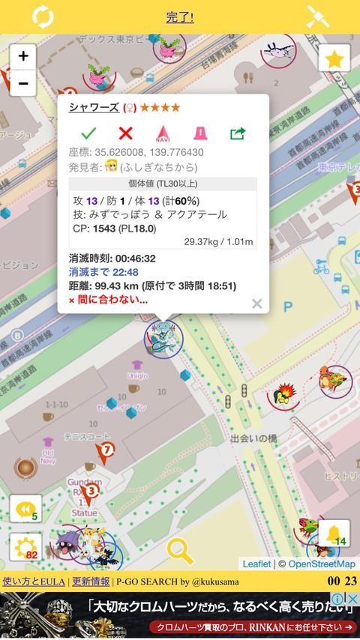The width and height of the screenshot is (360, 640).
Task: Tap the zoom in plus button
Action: click(x=23, y=55)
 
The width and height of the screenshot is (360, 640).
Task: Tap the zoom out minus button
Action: click(x=23, y=82)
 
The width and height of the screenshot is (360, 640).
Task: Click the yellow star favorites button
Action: click(x=334, y=58)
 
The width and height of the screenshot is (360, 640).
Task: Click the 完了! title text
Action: click(x=180, y=16)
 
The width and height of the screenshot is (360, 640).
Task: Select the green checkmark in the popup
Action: click(x=88, y=133)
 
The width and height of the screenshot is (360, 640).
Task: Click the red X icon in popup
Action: click(x=125, y=133)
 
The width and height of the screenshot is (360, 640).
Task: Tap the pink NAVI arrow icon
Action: click(x=163, y=133)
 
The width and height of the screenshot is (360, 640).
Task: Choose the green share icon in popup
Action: click(x=238, y=133)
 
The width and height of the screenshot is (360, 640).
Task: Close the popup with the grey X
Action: click(x=256, y=304)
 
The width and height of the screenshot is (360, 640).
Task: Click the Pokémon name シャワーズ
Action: click(x=94, y=107)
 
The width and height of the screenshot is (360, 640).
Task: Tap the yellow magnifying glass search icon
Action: click(x=180, y=551)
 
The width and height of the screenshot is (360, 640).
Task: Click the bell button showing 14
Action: click(x=334, y=533)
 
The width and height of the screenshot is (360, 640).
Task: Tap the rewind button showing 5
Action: click(x=25, y=508)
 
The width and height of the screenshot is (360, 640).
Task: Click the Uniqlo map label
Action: click(x=137, y=375)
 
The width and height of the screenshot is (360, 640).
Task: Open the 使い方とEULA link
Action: click(x=34, y=581)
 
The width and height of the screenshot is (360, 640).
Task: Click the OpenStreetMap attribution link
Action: click(x=322, y=564)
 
